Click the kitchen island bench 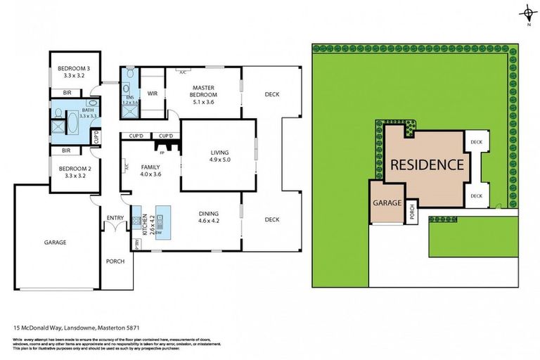click(163, 221)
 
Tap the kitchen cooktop click(136, 223)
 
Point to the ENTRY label click(115, 218)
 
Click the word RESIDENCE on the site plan click(427, 165)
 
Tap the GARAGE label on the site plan click(387, 202)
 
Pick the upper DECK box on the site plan click(477, 142)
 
